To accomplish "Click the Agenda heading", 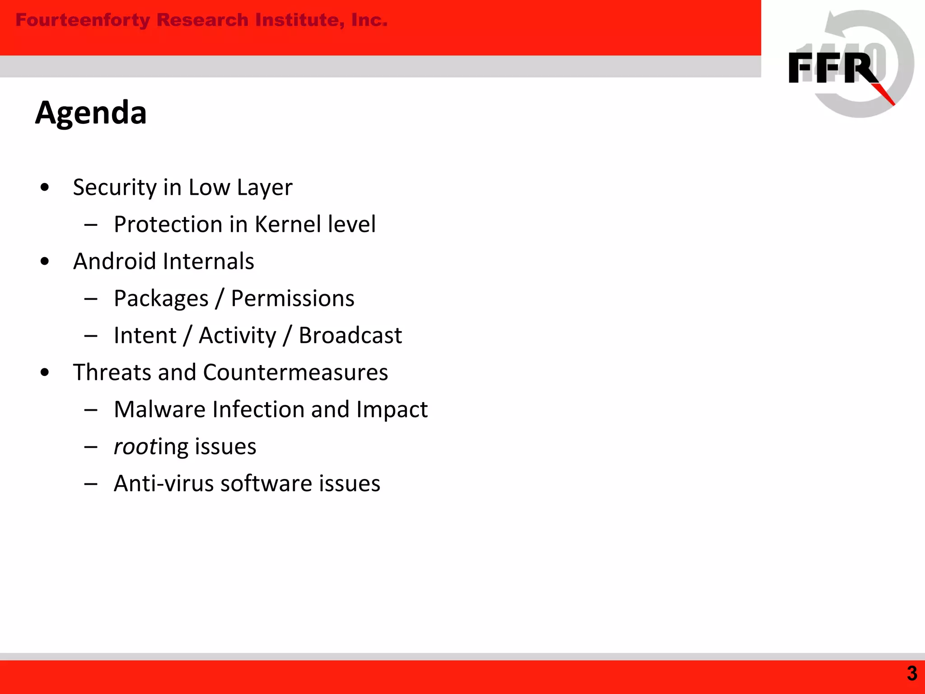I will tap(91, 113).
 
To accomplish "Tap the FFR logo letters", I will tap(833, 68).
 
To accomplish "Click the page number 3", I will tap(912, 674).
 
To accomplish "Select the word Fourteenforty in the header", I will tap(83, 20).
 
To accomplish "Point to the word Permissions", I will tap(293, 299).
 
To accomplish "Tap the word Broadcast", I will tap(350, 336).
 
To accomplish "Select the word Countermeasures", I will tap(295, 373).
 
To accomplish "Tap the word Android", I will tap(115, 262).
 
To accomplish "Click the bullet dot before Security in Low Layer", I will tap(44, 188).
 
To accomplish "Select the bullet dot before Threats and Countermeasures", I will tap(44, 373).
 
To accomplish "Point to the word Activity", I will tap(238, 336).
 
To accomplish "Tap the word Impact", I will tap(392, 410).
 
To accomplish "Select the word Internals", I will tap(208, 262).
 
